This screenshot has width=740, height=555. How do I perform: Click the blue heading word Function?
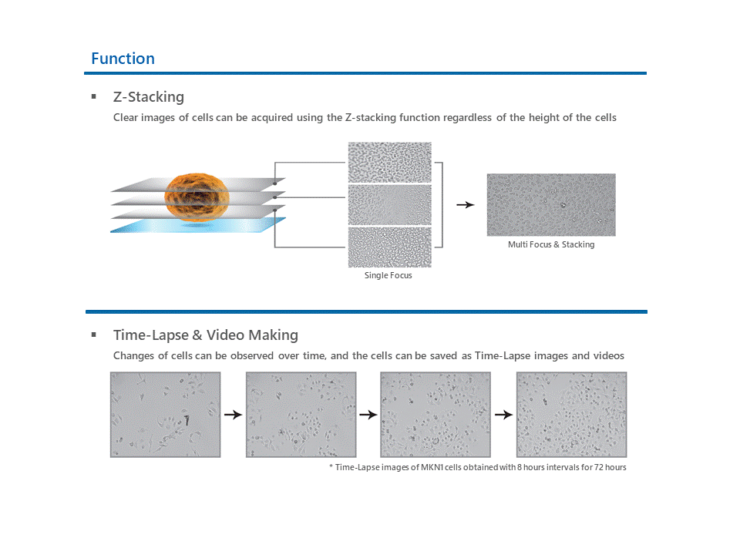(x=123, y=59)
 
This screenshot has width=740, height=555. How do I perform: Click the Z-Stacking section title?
(x=149, y=97)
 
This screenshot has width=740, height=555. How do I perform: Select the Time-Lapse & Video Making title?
(x=206, y=335)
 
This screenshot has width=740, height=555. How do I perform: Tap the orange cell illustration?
(x=197, y=197)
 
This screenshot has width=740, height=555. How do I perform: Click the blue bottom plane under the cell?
(x=198, y=225)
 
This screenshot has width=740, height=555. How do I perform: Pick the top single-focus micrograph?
(x=390, y=163)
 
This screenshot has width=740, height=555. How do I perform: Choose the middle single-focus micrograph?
(x=390, y=205)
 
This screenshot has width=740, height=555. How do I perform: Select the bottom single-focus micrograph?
(x=390, y=247)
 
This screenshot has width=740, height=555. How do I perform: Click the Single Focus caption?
(x=388, y=275)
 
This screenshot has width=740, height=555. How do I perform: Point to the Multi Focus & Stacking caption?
(x=551, y=244)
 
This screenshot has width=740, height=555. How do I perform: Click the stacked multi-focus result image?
(x=551, y=205)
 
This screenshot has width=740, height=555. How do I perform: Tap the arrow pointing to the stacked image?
(x=466, y=205)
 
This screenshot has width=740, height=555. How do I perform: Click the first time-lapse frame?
(x=165, y=415)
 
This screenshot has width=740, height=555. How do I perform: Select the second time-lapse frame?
(x=301, y=415)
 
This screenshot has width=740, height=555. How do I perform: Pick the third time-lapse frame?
(x=436, y=415)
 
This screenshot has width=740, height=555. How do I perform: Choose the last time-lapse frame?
(x=571, y=415)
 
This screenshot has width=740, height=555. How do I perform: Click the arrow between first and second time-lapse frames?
(x=233, y=415)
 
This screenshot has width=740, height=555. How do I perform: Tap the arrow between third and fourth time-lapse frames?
(x=503, y=415)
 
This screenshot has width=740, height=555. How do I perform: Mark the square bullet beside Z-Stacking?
(x=94, y=97)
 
